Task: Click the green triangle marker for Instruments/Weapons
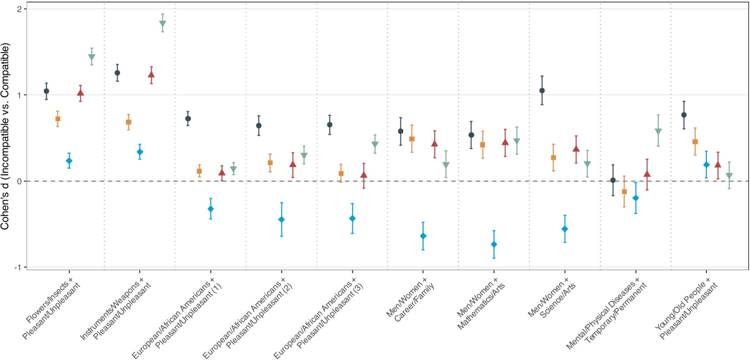[x=162, y=24]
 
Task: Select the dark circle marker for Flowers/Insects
[x=46, y=91]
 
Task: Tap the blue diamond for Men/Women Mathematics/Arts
[x=494, y=244]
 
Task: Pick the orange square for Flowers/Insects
[x=58, y=119]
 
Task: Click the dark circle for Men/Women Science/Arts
[x=542, y=91]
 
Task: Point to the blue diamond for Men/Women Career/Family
[x=423, y=236]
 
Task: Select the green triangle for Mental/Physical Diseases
[x=658, y=131]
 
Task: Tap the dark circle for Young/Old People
[x=684, y=115]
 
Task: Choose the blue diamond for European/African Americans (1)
[x=210, y=209]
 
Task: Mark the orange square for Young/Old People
[x=695, y=141]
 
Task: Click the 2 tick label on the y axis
[x=19, y=9]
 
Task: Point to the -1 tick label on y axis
[x=18, y=267]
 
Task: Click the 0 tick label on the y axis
[x=19, y=181]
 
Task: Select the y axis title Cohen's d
[x=5, y=135]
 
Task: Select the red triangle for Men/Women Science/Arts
[x=576, y=149]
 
